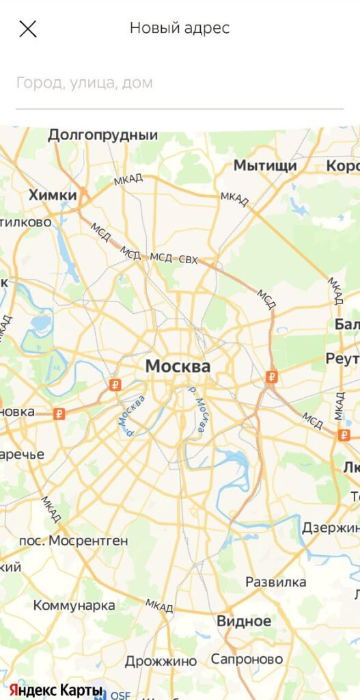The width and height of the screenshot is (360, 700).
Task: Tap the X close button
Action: click(x=28, y=29)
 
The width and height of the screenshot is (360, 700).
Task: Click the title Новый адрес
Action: click(x=180, y=29)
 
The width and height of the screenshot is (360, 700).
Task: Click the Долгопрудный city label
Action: click(x=102, y=135)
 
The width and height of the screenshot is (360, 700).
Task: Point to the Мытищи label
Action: click(x=265, y=165)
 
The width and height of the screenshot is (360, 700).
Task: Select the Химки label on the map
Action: click(x=53, y=196)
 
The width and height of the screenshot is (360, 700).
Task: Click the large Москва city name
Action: click(x=178, y=366)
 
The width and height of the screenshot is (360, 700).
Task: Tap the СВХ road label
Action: click(x=188, y=259)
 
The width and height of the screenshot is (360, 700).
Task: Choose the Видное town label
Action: click(x=244, y=621)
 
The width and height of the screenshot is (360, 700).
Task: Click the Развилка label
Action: click(x=276, y=582)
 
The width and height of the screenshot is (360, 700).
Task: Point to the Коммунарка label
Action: click(x=74, y=605)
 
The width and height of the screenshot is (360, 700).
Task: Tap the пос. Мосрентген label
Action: click(x=73, y=541)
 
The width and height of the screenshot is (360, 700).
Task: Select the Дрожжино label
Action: click(x=161, y=661)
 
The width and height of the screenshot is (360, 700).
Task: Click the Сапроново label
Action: click(x=247, y=659)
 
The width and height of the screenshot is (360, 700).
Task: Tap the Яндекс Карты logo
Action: click(x=56, y=690)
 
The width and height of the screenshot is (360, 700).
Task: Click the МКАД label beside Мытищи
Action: click(x=234, y=199)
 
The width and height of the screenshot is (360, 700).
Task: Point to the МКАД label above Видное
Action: click(x=159, y=605)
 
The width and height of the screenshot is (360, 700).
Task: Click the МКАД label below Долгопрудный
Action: click(x=128, y=179)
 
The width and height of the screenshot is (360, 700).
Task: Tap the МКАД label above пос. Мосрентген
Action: click(x=51, y=508)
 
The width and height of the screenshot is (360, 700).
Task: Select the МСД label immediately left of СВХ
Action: click(x=161, y=257)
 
